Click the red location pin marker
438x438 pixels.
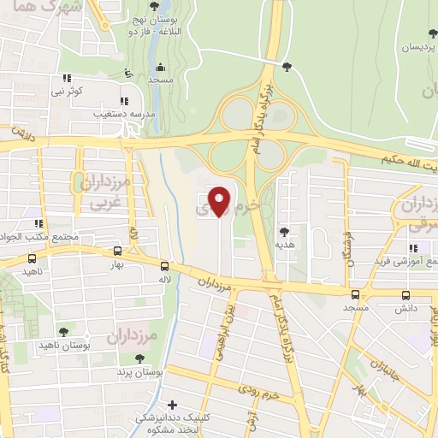point(221,201)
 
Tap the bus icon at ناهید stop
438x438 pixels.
point(33,257)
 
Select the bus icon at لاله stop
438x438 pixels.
point(164,266)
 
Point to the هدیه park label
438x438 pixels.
point(285,244)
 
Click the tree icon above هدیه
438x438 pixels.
point(284,231)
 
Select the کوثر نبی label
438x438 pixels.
point(68,90)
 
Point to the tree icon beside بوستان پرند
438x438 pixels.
point(125,373)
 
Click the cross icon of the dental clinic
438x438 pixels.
point(173,405)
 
